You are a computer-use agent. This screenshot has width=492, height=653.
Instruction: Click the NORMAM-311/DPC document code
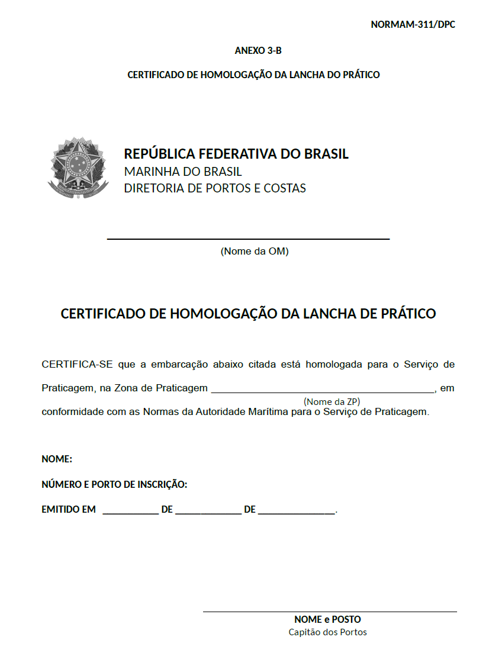[x=413, y=24]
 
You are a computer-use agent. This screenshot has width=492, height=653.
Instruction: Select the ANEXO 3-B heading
[x=258, y=50]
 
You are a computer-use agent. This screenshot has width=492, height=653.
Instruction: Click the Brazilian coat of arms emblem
[x=78, y=168]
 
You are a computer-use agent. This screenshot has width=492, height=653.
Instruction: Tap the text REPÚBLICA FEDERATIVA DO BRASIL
[x=236, y=154]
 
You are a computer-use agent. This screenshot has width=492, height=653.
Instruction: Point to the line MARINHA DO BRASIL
[x=183, y=172]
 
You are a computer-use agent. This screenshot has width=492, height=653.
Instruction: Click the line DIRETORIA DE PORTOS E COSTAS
[x=215, y=188]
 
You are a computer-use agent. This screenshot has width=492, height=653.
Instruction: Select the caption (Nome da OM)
[x=255, y=251]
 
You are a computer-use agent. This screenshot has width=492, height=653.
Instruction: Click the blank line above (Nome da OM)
[x=248, y=239]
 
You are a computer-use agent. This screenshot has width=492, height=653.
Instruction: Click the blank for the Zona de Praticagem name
[x=323, y=391]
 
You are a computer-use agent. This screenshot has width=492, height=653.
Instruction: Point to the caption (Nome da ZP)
[x=332, y=401]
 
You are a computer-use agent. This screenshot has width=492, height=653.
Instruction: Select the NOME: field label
[x=57, y=459]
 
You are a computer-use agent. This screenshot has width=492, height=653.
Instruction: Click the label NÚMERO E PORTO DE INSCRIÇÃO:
[x=114, y=484]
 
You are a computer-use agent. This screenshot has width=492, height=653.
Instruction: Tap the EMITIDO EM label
[x=69, y=509]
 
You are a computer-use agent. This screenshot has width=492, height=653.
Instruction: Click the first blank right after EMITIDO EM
[x=130, y=512]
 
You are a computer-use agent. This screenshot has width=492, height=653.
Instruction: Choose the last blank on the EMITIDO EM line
[x=297, y=512]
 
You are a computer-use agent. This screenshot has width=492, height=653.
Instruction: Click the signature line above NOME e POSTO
[x=330, y=612]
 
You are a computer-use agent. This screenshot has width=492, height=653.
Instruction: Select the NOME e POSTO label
[x=327, y=620]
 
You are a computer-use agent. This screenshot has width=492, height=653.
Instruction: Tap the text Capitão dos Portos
[x=327, y=632]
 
